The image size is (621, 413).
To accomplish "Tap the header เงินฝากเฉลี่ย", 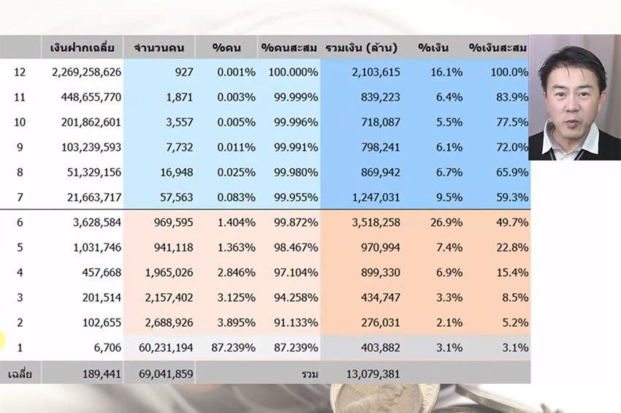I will (82, 48).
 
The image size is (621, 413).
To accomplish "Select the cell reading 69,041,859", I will (166, 374).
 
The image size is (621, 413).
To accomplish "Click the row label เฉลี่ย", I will (20, 374).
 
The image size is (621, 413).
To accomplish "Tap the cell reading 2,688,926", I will (166, 323).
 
